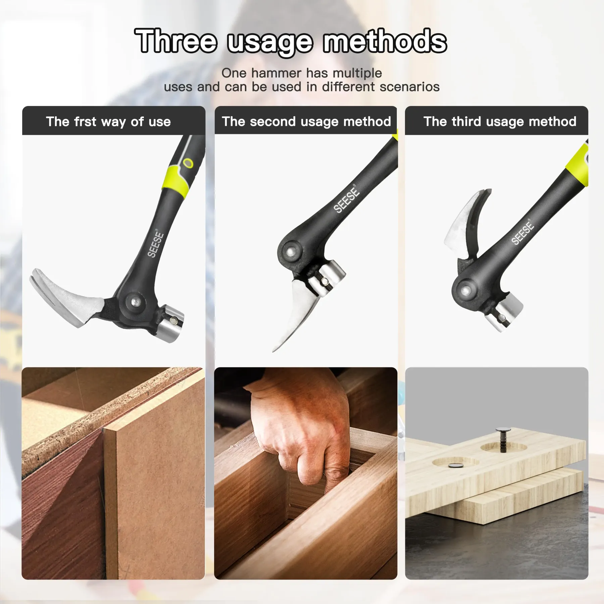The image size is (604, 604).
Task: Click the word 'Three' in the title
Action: (x=176, y=41)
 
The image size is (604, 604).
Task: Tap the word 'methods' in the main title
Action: (x=385, y=41)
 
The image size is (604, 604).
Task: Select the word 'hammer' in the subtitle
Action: (x=276, y=73)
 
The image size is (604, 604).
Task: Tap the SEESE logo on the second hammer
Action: (x=346, y=200)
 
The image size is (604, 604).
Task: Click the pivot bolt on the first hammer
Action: (x=135, y=301)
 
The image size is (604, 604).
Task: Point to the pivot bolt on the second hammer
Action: (x=290, y=251)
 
